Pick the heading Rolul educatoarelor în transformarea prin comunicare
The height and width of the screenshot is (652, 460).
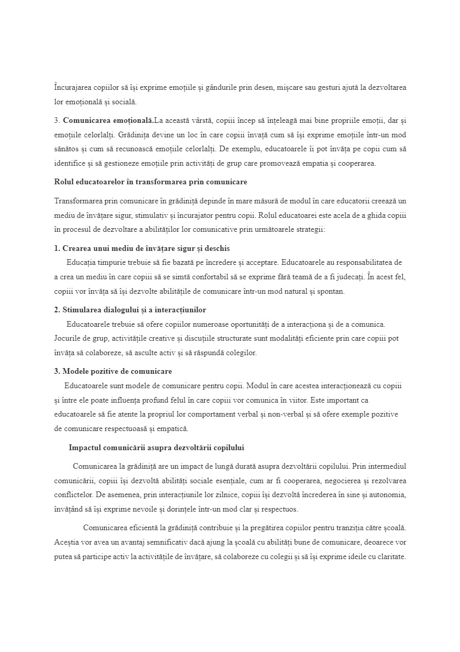151,182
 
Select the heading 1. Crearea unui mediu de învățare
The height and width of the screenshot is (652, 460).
142,248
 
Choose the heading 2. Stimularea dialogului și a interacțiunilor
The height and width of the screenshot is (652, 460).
130,310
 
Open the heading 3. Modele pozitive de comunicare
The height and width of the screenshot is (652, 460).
113,372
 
